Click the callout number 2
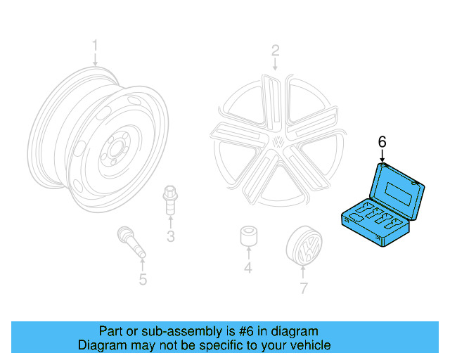(276, 51)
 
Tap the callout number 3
(170, 236)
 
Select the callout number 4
(247, 268)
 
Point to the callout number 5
(142, 280)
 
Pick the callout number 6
(382, 142)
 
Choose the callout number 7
(304, 288)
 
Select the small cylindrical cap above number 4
(247, 238)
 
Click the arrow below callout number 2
(276, 64)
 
